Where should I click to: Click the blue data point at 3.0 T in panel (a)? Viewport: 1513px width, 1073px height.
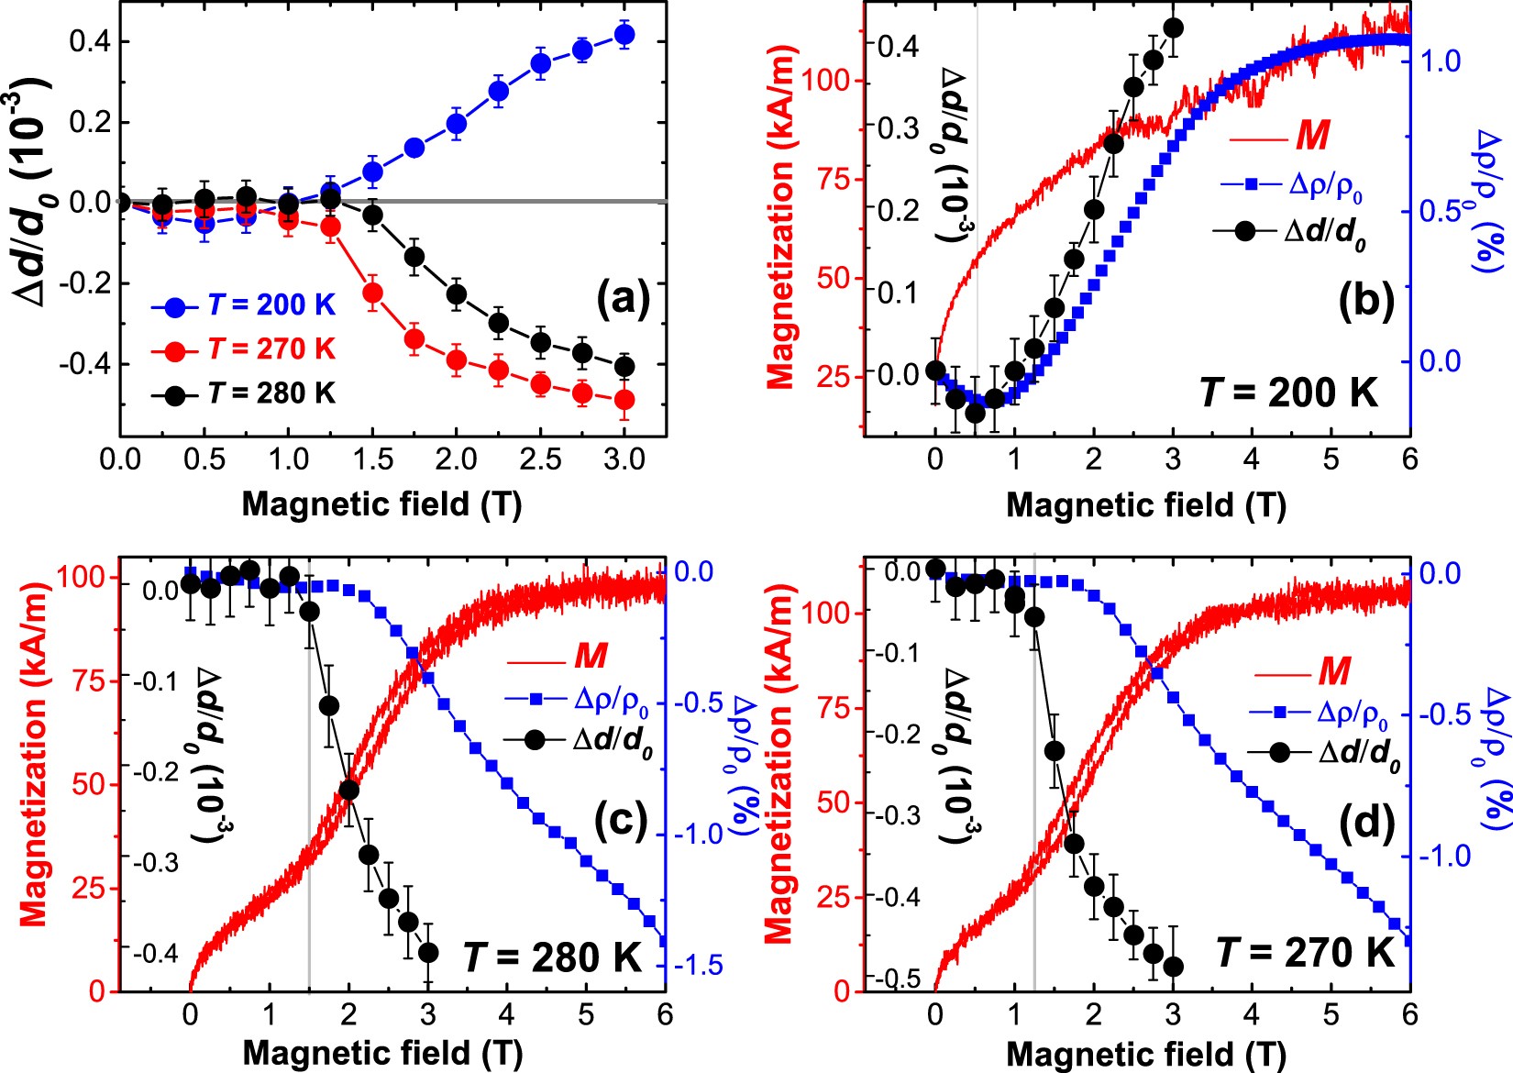pyautogui.click(x=624, y=36)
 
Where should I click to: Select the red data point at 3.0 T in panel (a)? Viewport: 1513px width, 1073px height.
pyautogui.click(x=624, y=400)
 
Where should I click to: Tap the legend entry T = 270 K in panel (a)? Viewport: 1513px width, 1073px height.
pyautogui.click(x=271, y=348)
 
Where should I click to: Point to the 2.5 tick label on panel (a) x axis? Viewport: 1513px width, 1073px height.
pyautogui.click(x=540, y=459)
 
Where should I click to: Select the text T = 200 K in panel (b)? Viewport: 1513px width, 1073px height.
pyautogui.click(x=1288, y=393)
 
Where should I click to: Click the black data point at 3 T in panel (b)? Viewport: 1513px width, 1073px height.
pyautogui.click(x=1173, y=28)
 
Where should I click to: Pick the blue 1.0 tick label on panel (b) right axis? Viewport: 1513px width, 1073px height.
pyautogui.click(x=1440, y=61)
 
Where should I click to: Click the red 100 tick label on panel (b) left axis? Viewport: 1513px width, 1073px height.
pyautogui.click(x=833, y=81)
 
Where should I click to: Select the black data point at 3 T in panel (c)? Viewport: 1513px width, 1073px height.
pyautogui.click(x=427, y=953)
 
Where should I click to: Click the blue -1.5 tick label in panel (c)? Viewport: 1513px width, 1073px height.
pyautogui.click(x=699, y=965)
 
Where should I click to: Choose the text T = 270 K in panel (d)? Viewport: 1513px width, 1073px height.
pyautogui.click(x=1305, y=953)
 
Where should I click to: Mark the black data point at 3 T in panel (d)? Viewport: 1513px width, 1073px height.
pyautogui.click(x=1173, y=967)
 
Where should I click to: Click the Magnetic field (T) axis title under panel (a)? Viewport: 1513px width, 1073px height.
pyautogui.click(x=381, y=503)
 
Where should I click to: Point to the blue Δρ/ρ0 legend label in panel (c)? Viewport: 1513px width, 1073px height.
pyautogui.click(x=612, y=701)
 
